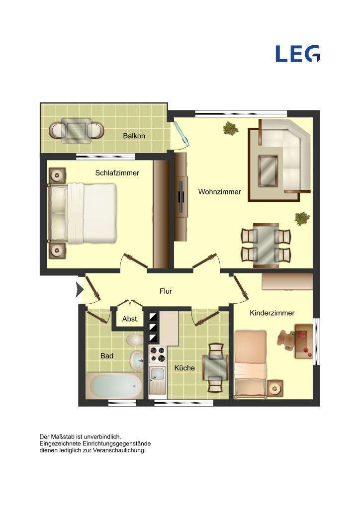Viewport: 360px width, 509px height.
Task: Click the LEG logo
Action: pyautogui.click(x=298, y=54)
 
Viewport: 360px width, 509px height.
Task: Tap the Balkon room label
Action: pyautogui.click(x=134, y=136)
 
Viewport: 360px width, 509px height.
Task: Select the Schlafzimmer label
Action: pyautogui.click(x=117, y=173)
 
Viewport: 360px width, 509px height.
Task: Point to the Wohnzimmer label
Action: pyautogui.click(x=220, y=191)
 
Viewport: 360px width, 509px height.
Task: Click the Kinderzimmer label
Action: pyautogui.click(x=272, y=313)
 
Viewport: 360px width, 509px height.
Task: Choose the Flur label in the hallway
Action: pyautogui.click(x=166, y=291)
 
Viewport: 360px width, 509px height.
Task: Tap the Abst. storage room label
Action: pyautogui.click(x=130, y=319)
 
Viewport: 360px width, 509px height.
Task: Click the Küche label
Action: pyautogui.click(x=184, y=368)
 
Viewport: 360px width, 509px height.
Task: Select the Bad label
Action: pyautogui.click(x=107, y=356)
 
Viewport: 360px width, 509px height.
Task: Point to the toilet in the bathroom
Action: pyautogui.click(x=134, y=340)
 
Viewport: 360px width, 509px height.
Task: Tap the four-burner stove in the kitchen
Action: pyautogui.click(x=158, y=355)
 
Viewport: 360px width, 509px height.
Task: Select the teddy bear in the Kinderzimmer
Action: pyautogui.click(x=285, y=340)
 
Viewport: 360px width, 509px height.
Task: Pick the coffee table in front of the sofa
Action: pyautogui.click(x=269, y=169)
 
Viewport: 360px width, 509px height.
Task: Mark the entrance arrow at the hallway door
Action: pyautogui.click(x=79, y=290)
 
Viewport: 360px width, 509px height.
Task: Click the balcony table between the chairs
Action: pyautogui.click(x=77, y=131)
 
